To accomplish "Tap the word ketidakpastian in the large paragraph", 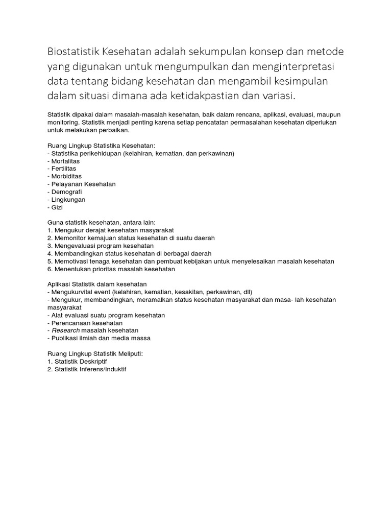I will pyautogui.click(x=210, y=97).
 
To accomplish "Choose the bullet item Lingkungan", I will pyautogui.click(x=68, y=200).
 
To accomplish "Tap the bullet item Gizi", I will pyautogui.click(x=56, y=207).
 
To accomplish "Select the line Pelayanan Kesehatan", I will pyautogui.click(x=83, y=184).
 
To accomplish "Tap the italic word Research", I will pyautogui.click(x=65, y=330).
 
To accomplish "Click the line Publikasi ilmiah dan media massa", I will pyautogui.click(x=101, y=338).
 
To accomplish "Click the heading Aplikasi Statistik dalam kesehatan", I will pyautogui.click(x=97, y=284).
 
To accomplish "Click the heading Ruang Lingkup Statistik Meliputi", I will pyautogui.click(x=95, y=353).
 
